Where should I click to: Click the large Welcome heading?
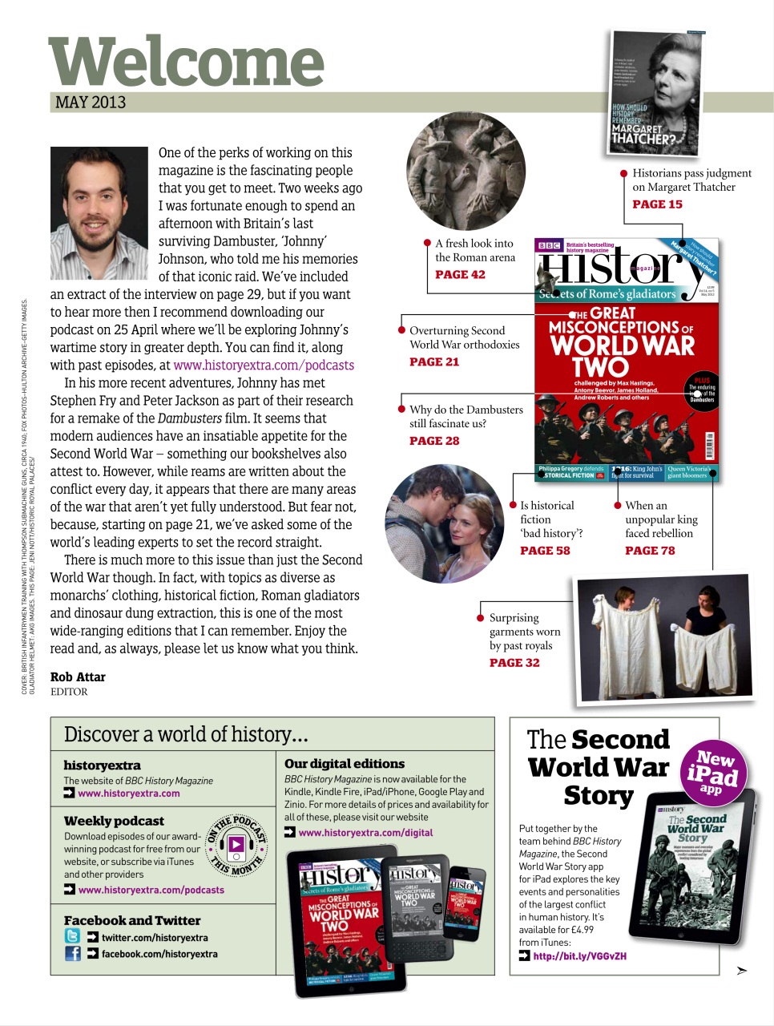coord(186,63)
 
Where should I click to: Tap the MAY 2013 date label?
coord(91,103)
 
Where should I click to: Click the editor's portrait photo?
coord(99,212)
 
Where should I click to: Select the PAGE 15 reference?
coord(657,204)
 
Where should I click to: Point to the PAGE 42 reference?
coord(460,275)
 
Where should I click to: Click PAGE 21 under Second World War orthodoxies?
coord(434,362)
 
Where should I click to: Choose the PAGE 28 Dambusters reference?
coord(434,441)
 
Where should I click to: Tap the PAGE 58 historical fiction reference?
coord(545,551)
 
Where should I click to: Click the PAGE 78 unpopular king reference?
coord(650,551)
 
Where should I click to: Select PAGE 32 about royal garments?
coord(514,663)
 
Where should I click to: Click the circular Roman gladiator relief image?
coord(466,172)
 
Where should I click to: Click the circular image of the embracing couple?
coord(445,523)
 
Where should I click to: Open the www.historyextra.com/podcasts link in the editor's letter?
coord(264,366)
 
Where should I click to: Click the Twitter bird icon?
coord(72,936)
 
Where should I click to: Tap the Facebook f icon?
coord(72,954)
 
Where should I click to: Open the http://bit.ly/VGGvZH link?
coord(579,956)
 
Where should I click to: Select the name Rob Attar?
coord(78,677)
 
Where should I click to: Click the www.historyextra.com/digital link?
coord(365,833)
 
